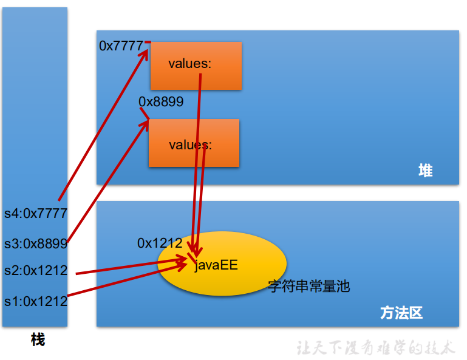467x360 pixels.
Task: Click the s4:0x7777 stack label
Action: [35, 214]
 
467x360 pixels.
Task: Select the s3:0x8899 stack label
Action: [35, 244]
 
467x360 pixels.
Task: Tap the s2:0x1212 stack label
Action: [35, 271]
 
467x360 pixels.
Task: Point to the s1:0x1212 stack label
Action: [35, 301]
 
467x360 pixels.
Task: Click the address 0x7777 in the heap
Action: [121, 46]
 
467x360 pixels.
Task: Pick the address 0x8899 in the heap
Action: [161, 101]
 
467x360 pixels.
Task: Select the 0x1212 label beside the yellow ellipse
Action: [160, 243]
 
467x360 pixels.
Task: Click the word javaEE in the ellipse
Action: [216, 265]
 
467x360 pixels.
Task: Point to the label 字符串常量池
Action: [309, 287]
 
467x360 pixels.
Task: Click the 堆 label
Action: [425, 171]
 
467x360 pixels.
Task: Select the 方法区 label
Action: [401, 313]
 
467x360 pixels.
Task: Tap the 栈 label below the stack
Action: [38, 340]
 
